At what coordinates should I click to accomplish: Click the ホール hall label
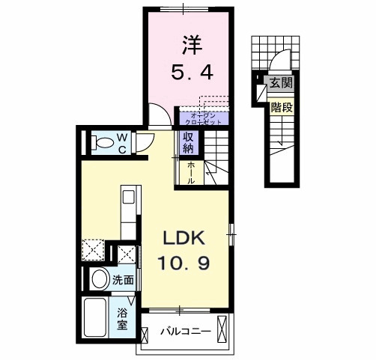(x=191, y=173)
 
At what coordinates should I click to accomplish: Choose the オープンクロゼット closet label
(x=202, y=118)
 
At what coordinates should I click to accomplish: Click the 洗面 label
(x=124, y=281)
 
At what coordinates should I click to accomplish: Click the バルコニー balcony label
(x=179, y=329)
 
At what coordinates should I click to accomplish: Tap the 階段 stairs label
(x=279, y=106)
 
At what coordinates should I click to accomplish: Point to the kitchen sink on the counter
(x=127, y=199)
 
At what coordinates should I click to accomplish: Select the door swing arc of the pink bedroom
(x=157, y=116)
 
